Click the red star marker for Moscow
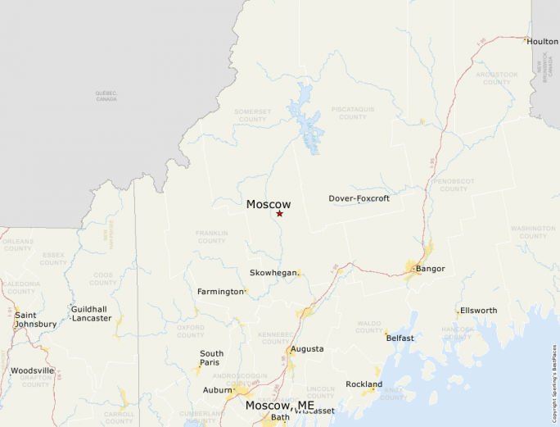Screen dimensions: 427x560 click(x=279, y=214)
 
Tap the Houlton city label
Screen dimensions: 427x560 click(x=542, y=41)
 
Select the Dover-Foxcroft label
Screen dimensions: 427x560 click(x=359, y=198)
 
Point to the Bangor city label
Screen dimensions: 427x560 click(x=430, y=269)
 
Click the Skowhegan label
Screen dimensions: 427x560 click(x=273, y=273)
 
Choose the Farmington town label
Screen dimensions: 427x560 click(x=220, y=292)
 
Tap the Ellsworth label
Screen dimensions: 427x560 click(x=478, y=311)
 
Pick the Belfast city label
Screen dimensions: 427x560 click(x=400, y=338)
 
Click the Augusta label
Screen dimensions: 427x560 click(x=307, y=349)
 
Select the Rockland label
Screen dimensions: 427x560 click(x=364, y=384)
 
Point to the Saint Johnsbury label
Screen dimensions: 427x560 click(x=35, y=320)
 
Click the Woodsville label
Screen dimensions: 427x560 click(x=32, y=370)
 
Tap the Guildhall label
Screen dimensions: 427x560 click(x=88, y=309)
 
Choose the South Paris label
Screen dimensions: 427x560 click(x=211, y=358)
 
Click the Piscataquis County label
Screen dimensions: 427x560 click(x=353, y=113)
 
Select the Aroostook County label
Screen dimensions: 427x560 click(x=497, y=79)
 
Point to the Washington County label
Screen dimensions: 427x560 click(x=533, y=233)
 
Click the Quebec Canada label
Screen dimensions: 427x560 click(x=106, y=96)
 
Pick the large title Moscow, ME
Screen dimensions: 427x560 click(x=280, y=406)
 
